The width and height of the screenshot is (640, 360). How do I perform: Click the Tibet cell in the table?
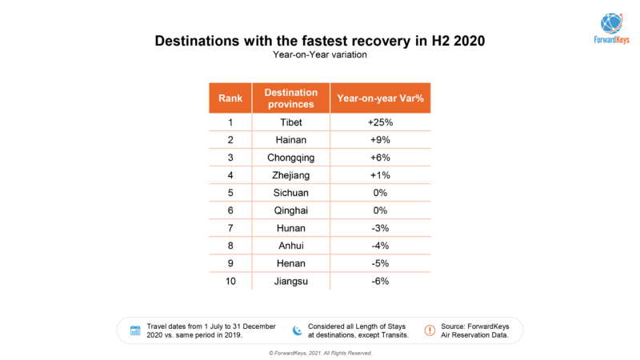coord(291,122)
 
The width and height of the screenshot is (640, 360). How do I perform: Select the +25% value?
coord(380,122)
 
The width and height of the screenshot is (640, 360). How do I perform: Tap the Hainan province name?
coord(291,140)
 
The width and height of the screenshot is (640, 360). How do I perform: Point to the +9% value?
coord(380,140)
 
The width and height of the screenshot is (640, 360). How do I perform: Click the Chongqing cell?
coord(291,158)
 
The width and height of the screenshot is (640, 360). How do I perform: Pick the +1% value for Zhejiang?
coord(380,175)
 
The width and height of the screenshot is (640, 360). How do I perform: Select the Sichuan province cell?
coord(291,193)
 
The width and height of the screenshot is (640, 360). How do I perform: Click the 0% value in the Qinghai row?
coord(380,210)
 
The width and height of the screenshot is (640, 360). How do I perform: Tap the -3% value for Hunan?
coord(380,228)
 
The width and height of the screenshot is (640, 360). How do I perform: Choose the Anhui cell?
coord(291,246)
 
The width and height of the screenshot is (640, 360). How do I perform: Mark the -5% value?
coord(380,263)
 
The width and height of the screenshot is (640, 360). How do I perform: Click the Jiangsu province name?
coord(291,281)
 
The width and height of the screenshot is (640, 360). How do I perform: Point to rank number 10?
coord(230,281)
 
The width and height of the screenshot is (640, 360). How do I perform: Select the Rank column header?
coord(230,98)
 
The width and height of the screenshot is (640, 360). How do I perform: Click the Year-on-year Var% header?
coord(380,98)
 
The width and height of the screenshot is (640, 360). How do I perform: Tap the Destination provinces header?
coord(291,98)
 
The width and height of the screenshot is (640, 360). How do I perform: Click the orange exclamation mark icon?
coord(429,330)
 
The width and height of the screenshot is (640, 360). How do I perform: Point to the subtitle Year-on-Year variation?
coord(319,54)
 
